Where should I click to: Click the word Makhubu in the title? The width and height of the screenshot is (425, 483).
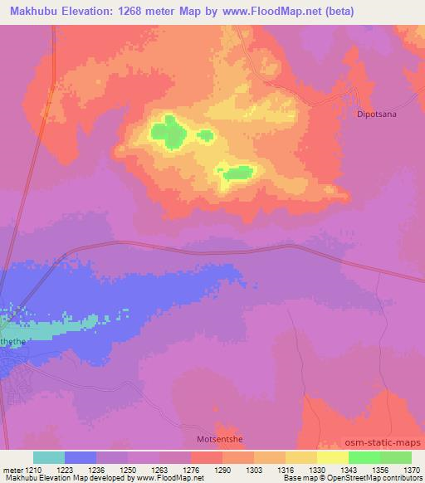(x=38, y=10)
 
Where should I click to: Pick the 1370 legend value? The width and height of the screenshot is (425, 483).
(x=410, y=469)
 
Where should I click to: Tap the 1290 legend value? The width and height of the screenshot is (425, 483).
(x=222, y=469)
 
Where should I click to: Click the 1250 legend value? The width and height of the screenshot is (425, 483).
(x=127, y=469)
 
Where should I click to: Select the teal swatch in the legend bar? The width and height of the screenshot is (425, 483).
(x=49, y=456)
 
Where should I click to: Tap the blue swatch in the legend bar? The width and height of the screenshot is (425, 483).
(x=81, y=456)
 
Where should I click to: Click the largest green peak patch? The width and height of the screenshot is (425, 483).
(x=170, y=133)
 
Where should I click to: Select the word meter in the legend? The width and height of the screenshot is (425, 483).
(x=11, y=469)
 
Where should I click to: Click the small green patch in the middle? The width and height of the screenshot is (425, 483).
(x=205, y=134)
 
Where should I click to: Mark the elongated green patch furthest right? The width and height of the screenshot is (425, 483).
(x=237, y=173)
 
